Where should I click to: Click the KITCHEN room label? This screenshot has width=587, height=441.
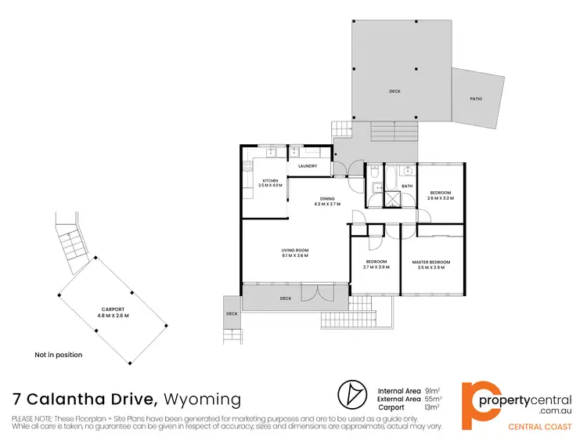tap(269, 181)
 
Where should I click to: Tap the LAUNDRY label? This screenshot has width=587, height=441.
tap(307, 166)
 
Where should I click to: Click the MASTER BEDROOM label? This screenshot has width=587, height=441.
tap(431, 262)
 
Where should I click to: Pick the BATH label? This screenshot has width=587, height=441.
tap(407, 186)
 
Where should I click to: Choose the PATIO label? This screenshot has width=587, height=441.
tap(476, 99)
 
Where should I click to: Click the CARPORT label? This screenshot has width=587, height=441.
tap(113, 309)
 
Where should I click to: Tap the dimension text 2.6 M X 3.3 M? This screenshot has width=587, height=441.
tap(441, 198)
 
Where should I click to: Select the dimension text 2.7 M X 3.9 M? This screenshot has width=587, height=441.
tap(376, 267)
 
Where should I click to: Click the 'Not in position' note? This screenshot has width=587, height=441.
tap(58, 355)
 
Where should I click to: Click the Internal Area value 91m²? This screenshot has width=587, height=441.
tap(431, 389)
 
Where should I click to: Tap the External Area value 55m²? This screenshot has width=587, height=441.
tap(431, 399)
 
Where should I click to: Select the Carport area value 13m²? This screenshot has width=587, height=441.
tap(431, 408)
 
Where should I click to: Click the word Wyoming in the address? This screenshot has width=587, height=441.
tap(203, 399)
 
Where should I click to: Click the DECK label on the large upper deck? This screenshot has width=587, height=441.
tap(394, 92)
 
